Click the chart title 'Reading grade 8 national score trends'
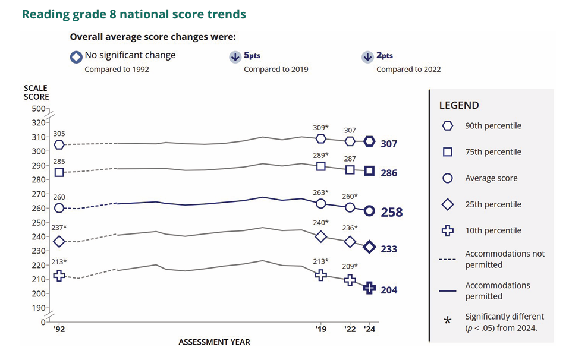click(x=134, y=14)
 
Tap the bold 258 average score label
click(x=391, y=212)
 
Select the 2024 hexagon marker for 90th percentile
click(x=369, y=141)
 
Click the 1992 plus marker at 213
click(x=59, y=275)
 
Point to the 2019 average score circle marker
click(x=321, y=204)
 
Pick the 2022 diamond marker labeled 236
click(x=350, y=242)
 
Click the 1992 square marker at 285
click(x=59, y=172)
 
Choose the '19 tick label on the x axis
click(x=321, y=329)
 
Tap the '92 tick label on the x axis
click(x=59, y=329)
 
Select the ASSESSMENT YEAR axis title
click(x=214, y=342)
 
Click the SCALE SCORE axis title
click(x=36, y=93)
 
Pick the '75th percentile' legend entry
click(x=493, y=152)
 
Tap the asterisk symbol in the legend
click(x=448, y=321)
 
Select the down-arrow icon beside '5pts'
click(x=234, y=57)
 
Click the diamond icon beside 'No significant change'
click(x=76, y=57)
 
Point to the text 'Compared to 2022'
click(x=408, y=70)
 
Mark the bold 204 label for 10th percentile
click(x=389, y=290)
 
